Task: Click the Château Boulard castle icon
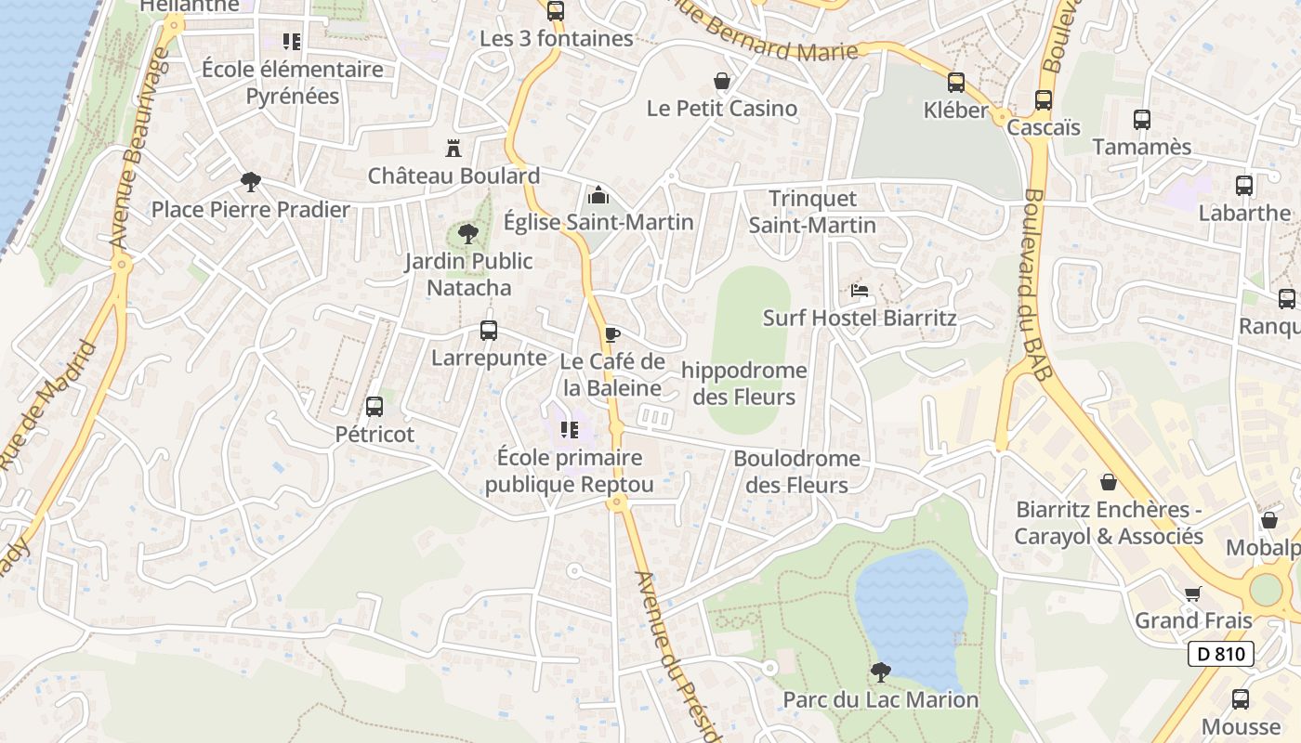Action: point(453,148)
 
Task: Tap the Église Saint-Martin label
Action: point(598,222)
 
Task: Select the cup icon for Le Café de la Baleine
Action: point(611,334)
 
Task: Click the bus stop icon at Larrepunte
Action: point(488,330)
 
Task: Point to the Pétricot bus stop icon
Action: point(375,406)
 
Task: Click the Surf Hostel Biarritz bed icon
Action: point(860,291)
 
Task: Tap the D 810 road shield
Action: point(1221,654)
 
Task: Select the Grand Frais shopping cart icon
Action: point(1193,593)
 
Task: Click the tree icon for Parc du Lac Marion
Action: point(880,671)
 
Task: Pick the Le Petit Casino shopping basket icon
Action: point(721,81)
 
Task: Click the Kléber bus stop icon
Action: point(955,83)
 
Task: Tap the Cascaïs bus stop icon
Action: point(1044,100)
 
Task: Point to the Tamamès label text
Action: point(1141,147)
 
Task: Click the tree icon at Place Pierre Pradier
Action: point(250,181)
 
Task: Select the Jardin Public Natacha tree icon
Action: point(468,233)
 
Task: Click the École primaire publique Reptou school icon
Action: point(569,430)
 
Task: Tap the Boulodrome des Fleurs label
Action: point(796,472)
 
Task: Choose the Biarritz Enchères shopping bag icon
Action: point(1108,482)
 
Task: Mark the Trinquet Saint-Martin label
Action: point(812,212)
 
